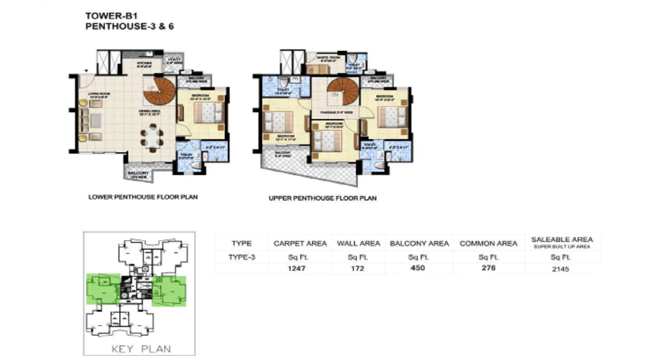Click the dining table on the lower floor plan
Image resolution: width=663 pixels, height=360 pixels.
coord(152,136)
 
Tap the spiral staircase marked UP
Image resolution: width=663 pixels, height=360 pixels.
coord(161,92)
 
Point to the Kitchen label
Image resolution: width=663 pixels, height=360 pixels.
coord(144,63)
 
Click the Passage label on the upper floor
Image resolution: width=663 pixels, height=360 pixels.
coord(336,112)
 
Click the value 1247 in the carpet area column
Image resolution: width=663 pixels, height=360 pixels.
coord(296,268)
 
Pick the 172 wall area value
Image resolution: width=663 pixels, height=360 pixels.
coord(357,268)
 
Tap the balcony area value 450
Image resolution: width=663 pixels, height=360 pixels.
coord(418,268)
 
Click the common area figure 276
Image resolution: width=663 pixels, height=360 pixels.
coord(488,268)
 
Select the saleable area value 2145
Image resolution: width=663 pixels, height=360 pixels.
coord(561,268)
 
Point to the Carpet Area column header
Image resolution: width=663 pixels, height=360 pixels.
coord(300,243)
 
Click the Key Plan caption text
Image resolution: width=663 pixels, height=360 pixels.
coord(141,349)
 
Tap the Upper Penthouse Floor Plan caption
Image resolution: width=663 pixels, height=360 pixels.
coord(323,199)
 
